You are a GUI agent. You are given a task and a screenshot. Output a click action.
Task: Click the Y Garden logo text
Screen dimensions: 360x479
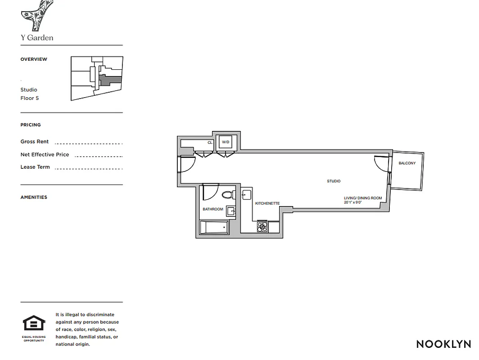[37, 38]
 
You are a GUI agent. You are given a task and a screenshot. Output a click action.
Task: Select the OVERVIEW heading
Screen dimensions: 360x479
[34, 59]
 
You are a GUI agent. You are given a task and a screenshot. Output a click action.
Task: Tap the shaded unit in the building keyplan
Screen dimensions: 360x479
[110, 80]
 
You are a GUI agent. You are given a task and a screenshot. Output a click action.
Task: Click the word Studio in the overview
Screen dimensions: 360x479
[29, 90]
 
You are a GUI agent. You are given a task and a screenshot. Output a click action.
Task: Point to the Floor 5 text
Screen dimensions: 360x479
[30, 98]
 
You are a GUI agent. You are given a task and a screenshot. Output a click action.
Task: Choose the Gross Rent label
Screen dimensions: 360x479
[35, 141]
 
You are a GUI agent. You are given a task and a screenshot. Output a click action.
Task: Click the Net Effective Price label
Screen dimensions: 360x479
[45, 154]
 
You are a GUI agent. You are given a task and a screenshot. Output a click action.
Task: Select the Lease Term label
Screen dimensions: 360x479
[35, 167]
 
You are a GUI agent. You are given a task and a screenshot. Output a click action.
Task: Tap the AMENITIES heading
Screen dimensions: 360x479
[34, 197]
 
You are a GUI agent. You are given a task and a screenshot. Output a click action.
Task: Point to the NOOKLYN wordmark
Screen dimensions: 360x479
[443, 344]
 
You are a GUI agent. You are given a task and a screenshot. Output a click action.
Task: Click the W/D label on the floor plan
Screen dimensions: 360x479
[226, 142]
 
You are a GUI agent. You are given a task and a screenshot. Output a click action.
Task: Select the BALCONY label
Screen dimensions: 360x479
[407, 163]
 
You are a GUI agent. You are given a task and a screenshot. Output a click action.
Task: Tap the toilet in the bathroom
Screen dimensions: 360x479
[228, 195]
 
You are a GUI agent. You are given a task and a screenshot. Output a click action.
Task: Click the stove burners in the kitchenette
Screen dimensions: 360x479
[262, 227]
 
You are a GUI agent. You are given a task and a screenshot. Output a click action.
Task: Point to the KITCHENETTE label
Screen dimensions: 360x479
[267, 203]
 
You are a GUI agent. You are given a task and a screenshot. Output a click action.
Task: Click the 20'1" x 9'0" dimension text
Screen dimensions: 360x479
[352, 202]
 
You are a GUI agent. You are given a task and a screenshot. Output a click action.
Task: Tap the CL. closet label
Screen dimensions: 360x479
[210, 143]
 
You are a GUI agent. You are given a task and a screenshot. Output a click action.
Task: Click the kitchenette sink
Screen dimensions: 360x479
[246, 195]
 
